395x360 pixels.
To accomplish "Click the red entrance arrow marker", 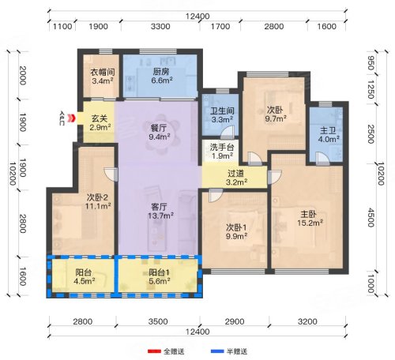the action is pos(71,118).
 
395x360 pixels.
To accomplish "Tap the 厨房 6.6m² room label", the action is pos(161,76).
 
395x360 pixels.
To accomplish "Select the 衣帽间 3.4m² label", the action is pos(103,76).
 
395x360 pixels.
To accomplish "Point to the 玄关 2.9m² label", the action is pos(100,123).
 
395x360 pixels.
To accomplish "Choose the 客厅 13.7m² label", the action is pos(160,212).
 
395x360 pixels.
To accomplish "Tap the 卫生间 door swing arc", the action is pos(228,132).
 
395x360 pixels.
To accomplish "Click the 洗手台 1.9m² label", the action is pos(222,152).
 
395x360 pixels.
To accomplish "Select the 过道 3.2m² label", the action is pos(236,178).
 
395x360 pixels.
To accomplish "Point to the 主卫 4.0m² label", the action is pos(329,135).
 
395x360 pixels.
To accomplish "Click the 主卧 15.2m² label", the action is pos(310,218).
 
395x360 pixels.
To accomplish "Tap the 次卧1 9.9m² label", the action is pos(236,231).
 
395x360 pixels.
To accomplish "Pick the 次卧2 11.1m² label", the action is pos(97,201).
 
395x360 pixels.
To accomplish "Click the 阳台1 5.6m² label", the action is pos(160,276).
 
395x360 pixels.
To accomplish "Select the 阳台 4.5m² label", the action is pos(85,276).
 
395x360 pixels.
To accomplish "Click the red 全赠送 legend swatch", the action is pos(154,351).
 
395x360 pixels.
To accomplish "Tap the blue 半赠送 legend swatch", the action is pos(217,351).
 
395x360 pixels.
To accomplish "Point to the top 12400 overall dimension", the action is pos(197,17).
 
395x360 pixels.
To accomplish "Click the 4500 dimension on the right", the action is pos(371,218).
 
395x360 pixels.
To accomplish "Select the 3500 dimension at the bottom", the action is pos(158,321).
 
